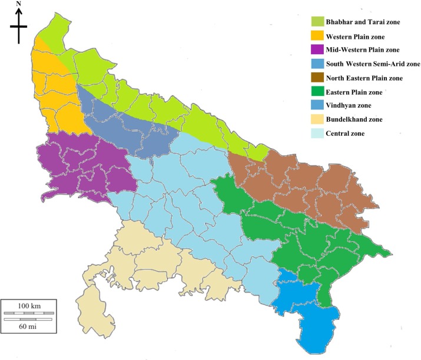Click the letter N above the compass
click(x=19, y=4)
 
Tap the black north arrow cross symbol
click(x=19, y=26)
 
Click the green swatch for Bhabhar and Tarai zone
click(x=320, y=22)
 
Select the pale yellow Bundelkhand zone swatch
click(x=320, y=119)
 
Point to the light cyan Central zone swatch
click(x=320, y=134)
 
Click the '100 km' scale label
click(x=28, y=306)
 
